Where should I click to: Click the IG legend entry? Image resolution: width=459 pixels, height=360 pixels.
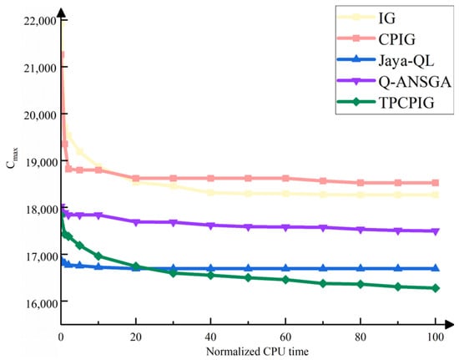(386, 18)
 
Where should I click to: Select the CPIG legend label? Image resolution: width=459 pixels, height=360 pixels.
(396, 39)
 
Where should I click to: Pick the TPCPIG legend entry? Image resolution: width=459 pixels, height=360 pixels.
(406, 103)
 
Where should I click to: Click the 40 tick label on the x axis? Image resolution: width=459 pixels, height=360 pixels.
(210, 337)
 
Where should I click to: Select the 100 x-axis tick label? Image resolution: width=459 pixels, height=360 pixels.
(435, 337)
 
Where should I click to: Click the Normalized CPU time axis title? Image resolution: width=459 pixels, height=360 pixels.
(257, 351)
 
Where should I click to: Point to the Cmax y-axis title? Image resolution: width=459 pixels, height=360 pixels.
(12, 158)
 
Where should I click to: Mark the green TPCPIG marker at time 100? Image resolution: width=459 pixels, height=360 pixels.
(436, 288)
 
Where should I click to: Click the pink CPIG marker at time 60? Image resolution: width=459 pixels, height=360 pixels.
(285, 178)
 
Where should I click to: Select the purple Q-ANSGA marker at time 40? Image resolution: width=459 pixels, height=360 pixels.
(211, 226)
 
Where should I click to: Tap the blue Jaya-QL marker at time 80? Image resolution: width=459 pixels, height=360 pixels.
(361, 268)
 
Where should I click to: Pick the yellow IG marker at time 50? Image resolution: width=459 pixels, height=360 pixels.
(248, 194)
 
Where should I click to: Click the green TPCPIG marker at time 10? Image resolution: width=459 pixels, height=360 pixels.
(98, 256)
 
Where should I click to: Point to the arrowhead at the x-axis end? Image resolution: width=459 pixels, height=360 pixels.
(449, 324)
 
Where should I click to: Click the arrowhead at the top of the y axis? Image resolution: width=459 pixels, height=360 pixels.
(61, 13)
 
